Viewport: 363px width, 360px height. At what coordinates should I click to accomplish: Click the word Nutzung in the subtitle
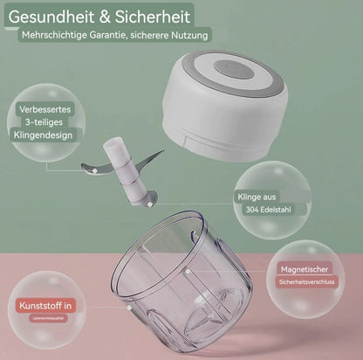click(190, 36)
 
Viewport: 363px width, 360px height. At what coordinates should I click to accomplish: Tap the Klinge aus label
click(260, 198)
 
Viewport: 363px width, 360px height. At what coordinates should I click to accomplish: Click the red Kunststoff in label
click(45, 306)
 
